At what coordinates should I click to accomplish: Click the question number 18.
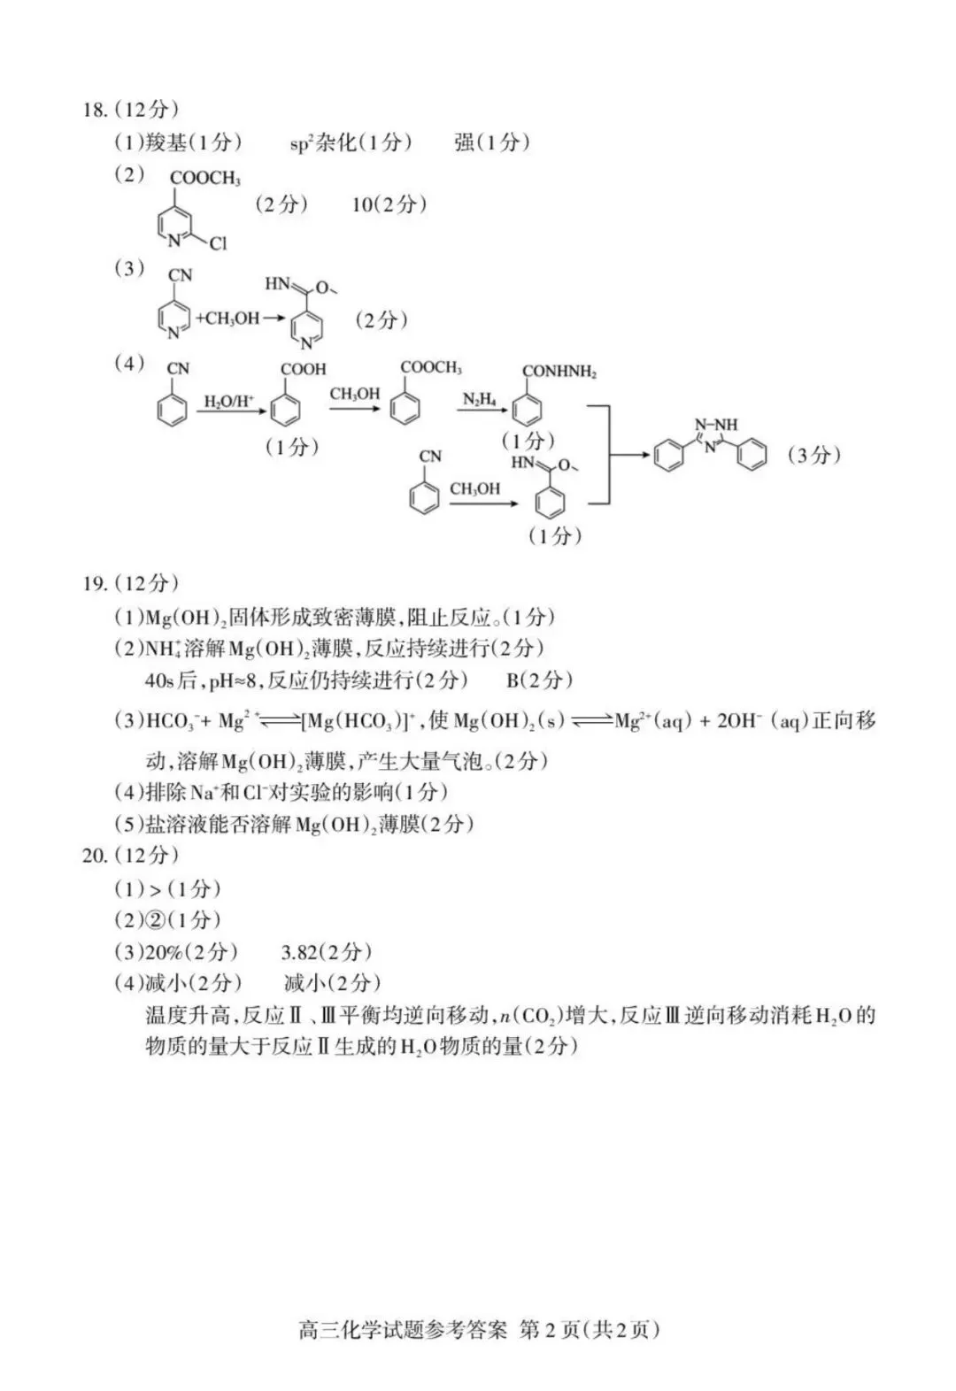point(95,110)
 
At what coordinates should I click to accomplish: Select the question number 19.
point(95,583)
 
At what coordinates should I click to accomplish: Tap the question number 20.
point(95,855)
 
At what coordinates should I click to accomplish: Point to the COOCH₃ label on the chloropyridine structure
point(204,178)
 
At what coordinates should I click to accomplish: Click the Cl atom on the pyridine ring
point(218,242)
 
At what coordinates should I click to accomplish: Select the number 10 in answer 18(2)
point(363,204)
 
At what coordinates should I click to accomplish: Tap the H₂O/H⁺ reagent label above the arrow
point(229,402)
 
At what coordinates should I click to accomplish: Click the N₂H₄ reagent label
point(479,400)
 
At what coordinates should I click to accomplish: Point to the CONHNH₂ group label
point(559,372)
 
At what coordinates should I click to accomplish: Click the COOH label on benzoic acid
point(303,369)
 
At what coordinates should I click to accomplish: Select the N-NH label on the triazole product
point(716,425)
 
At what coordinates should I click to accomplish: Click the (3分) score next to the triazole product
point(813,455)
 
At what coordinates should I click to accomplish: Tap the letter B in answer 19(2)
point(513,680)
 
